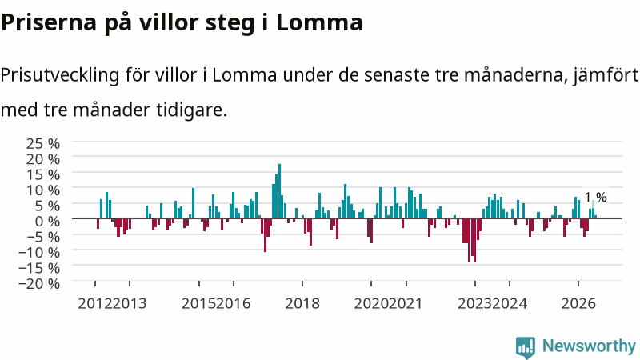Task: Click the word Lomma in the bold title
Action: click(x=319, y=22)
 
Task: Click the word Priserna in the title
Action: click(x=49, y=22)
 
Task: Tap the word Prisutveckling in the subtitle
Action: click(x=59, y=75)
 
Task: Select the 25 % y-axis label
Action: click(x=43, y=143)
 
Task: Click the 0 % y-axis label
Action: click(x=47, y=222)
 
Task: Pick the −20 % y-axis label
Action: click(x=39, y=283)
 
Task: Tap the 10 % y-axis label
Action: click(x=43, y=190)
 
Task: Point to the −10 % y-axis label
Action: click(x=39, y=252)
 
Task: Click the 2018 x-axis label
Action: click(x=302, y=304)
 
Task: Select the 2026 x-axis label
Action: click(x=578, y=304)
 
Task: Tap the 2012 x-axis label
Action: click(x=95, y=304)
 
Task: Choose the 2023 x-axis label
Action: click(x=475, y=304)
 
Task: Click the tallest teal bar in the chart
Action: click(x=279, y=191)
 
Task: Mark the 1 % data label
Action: click(x=596, y=197)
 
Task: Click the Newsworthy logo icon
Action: click(x=526, y=347)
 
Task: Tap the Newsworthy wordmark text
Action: click(x=589, y=346)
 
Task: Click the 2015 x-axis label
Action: click(x=198, y=304)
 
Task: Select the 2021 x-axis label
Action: click(x=406, y=304)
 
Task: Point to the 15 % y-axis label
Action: click(x=43, y=174)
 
